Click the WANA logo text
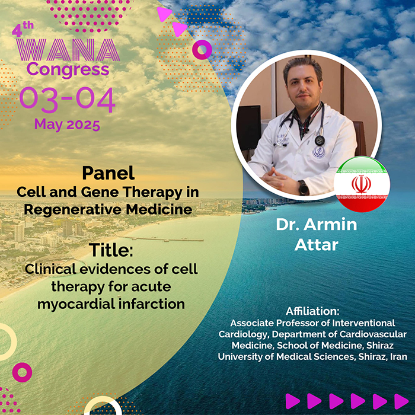click(x=68, y=50)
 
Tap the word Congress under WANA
click(x=68, y=70)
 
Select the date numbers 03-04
click(x=67, y=100)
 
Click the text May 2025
click(x=67, y=124)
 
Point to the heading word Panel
click(x=108, y=173)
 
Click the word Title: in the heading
click(x=111, y=250)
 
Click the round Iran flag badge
click(x=362, y=184)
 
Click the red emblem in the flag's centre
click(x=361, y=184)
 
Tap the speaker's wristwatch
click(x=304, y=187)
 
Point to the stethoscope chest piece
click(x=320, y=141)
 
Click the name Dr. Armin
click(x=317, y=225)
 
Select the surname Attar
click(x=317, y=245)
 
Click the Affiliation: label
click(x=312, y=311)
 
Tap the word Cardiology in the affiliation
click(x=244, y=334)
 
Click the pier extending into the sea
click(x=161, y=239)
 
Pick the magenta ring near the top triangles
click(x=202, y=49)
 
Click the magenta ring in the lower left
click(x=23, y=372)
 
